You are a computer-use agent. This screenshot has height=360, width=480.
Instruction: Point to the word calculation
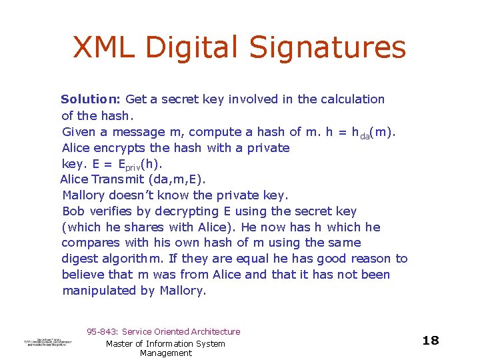tap(351, 99)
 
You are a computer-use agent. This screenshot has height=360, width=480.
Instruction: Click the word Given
tap(79, 132)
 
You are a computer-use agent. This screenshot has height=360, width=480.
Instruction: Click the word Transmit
tap(117, 179)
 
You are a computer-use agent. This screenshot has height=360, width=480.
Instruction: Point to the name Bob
tap(73, 211)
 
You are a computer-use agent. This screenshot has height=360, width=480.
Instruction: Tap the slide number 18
tap(431, 341)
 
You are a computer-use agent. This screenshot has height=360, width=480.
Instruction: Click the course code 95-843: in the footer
tap(103, 331)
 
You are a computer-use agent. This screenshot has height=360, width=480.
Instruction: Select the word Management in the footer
tap(165, 353)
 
